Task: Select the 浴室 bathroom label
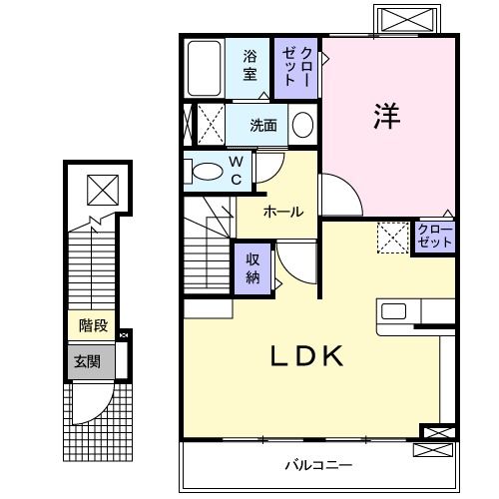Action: [x=249, y=65]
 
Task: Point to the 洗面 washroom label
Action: [x=263, y=126]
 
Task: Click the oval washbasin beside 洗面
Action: [x=303, y=126]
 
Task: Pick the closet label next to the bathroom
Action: [x=297, y=66]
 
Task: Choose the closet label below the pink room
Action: [x=434, y=237]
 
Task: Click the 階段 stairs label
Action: [x=94, y=325]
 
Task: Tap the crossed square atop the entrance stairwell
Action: [x=100, y=187]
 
